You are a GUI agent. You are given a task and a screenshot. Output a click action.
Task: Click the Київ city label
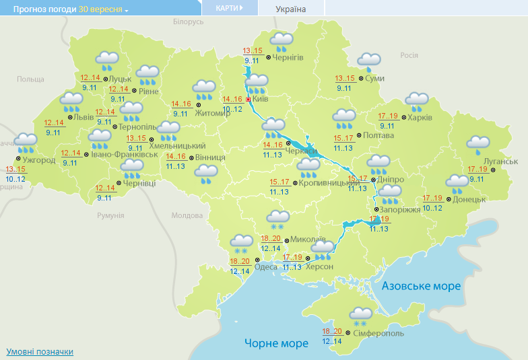pyautogui.click(x=261, y=100)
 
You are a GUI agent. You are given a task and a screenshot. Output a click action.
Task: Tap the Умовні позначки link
pyautogui.click(x=40, y=352)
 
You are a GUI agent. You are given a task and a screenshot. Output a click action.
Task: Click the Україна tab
pyautogui.click(x=291, y=9)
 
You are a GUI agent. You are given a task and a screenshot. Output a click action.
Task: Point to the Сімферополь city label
pyautogui.click(x=385, y=333)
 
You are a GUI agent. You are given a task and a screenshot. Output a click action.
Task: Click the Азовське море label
pyautogui.click(x=422, y=287)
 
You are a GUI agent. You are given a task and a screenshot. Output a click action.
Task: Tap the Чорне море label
pyautogui.click(x=276, y=343)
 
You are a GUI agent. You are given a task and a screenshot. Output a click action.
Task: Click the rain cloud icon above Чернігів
pyautogui.click(x=281, y=42)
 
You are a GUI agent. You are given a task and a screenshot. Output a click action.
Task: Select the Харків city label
pyautogui.click(x=420, y=118)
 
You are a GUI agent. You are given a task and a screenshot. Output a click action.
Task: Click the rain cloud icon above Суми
pyautogui.click(x=369, y=62)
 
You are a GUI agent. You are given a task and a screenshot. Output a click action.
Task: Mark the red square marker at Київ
pyautogui.click(x=248, y=100)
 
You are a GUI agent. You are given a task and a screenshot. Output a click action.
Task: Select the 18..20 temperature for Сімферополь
pyautogui.click(x=333, y=331)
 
